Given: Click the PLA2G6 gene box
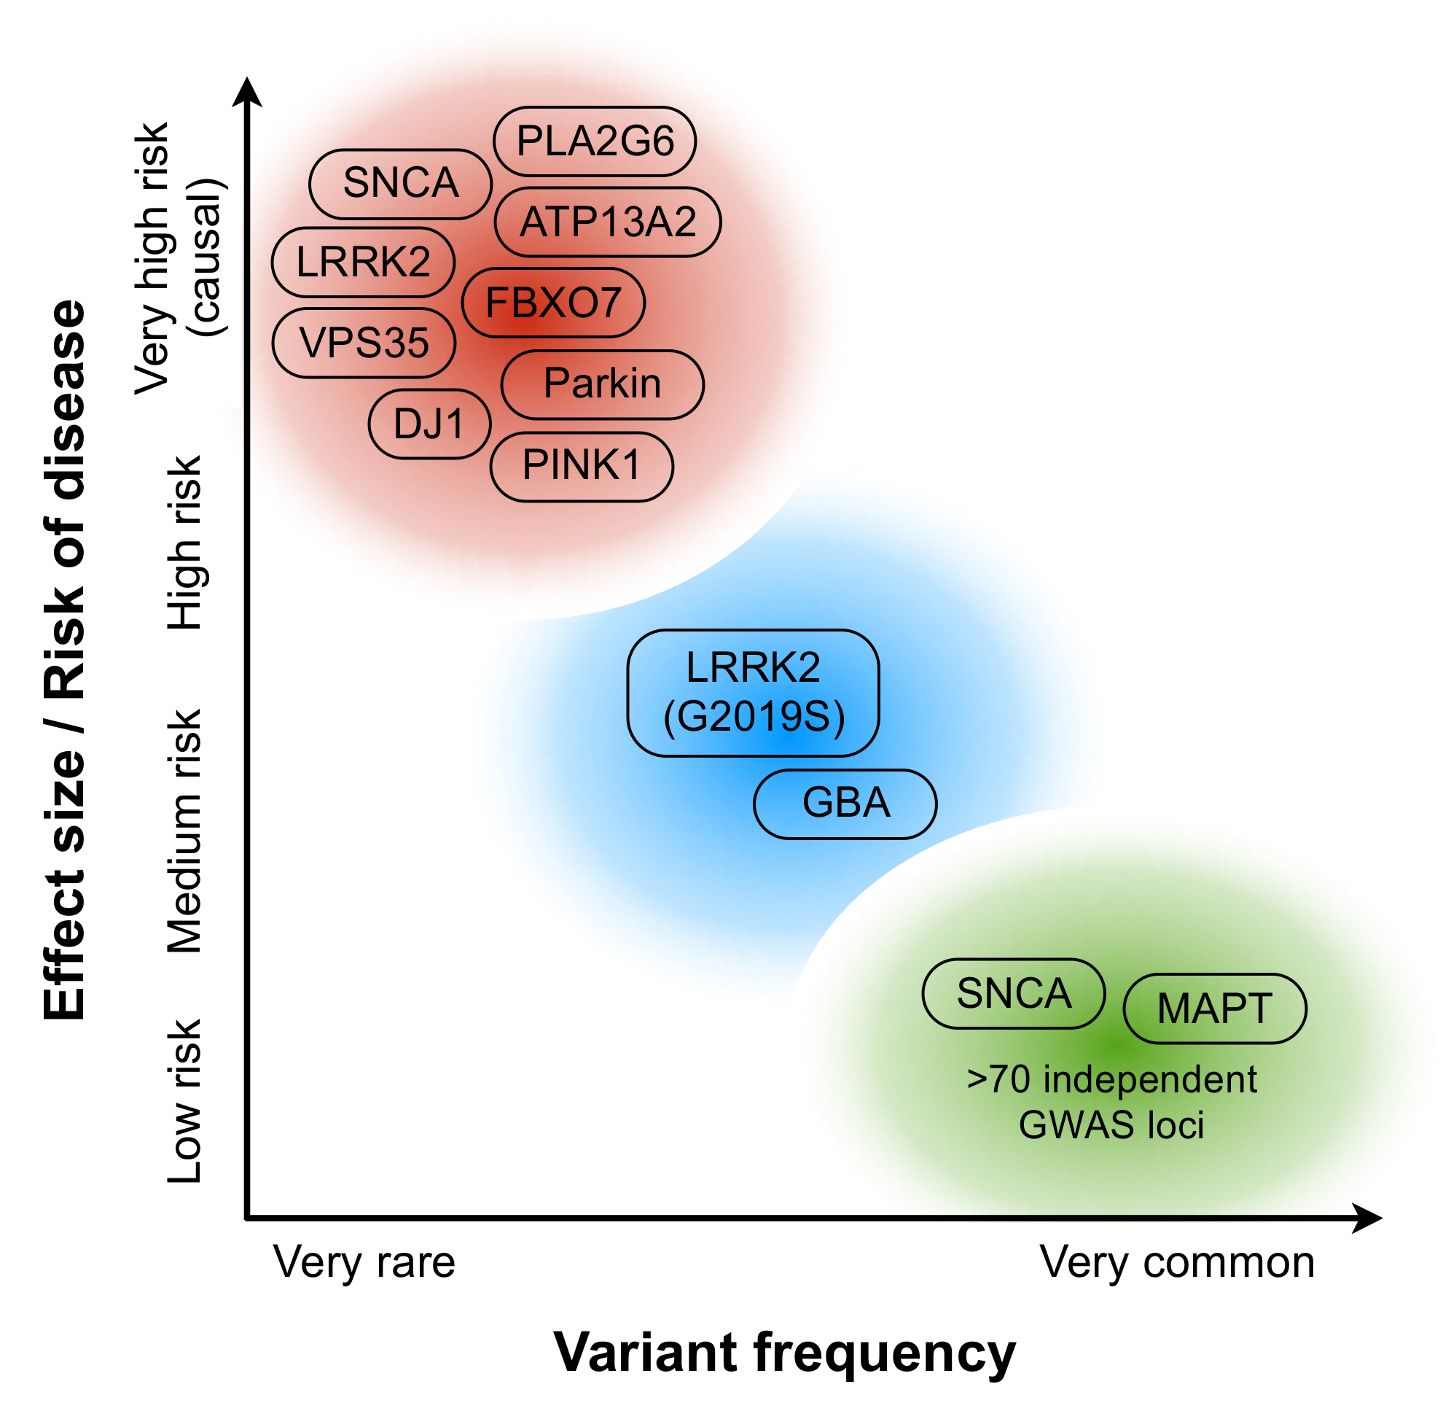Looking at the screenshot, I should pyautogui.click(x=595, y=141).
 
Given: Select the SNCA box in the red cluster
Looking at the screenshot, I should pyautogui.click(x=400, y=184).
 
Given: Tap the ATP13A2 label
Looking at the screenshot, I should pyautogui.click(x=608, y=222).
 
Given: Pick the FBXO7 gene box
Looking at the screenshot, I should pyautogui.click(x=553, y=303).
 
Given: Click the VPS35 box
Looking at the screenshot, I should pyautogui.click(x=364, y=343).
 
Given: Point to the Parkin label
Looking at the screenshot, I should pyautogui.click(x=602, y=384).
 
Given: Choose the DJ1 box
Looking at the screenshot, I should pyautogui.click(x=429, y=424).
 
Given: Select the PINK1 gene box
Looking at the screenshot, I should pyautogui.click(x=581, y=467).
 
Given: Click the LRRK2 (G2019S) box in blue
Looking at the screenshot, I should pyautogui.click(x=753, y=693).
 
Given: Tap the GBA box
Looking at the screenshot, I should pyautogui.click(x=845, y=804).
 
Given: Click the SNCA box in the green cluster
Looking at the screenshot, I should pyautogui.click(x=1014, y=993).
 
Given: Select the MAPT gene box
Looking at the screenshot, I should pyautogui.click(x=1214, y=1008).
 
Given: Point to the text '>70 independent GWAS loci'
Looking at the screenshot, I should pyautogui.click(x=1111, y=1102).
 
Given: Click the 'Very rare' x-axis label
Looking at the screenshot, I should pyautogui.click(x=364, y=1262).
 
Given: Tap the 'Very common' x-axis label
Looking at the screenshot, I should pyautogui.click(x=1176, y=1262).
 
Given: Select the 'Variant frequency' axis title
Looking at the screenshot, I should pyautogui.click(x=784, y=1352).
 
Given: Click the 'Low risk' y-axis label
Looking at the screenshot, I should pyautogui.click(x=184, y=1102).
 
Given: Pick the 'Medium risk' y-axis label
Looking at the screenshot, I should pyautogui.click(x=184, y=831).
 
